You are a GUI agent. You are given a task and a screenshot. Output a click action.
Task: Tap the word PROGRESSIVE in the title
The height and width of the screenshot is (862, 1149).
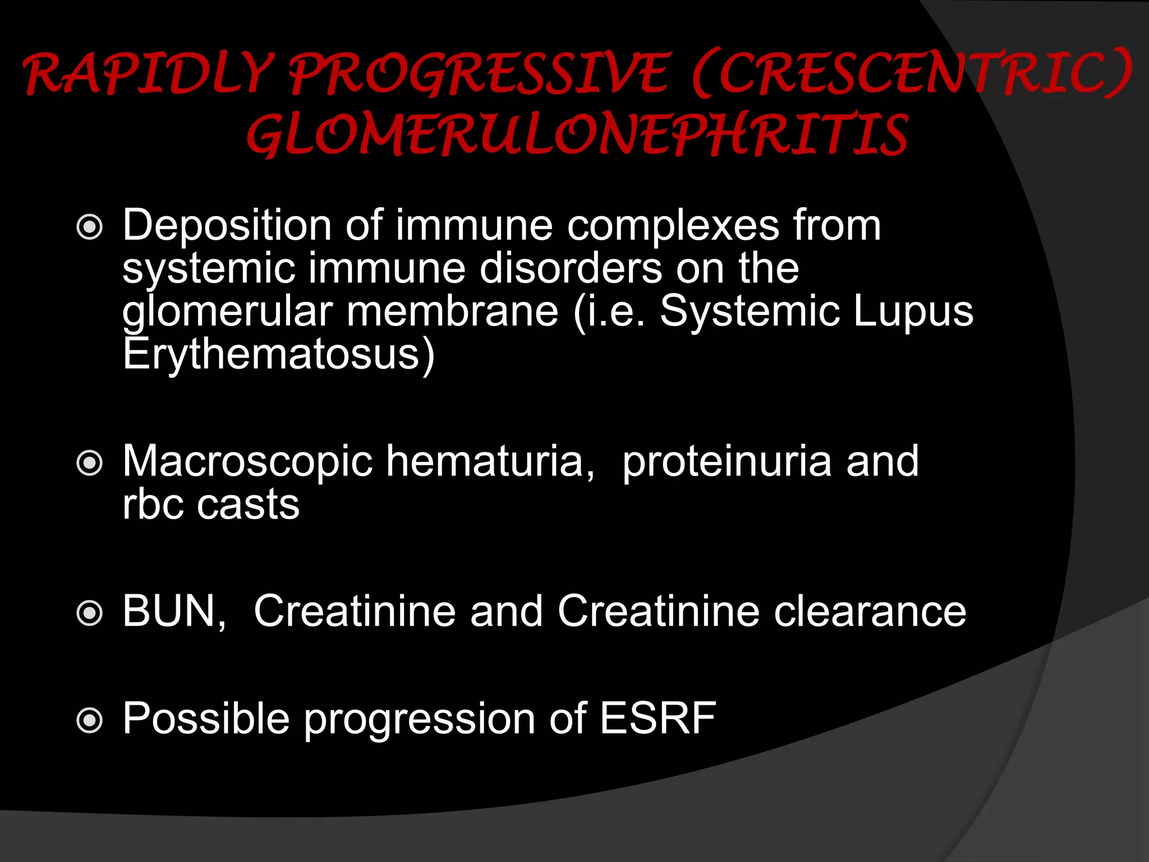(480, 74)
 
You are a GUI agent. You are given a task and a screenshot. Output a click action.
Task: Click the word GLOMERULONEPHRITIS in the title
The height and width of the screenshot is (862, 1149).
(577, 135)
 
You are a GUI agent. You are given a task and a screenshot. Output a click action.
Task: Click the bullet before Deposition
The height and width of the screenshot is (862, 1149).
(90, 227)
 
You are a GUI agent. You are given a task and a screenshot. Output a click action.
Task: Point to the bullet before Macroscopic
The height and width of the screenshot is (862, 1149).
(90, 463)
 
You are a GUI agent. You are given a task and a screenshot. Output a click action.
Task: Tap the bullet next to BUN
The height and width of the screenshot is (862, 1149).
(90, 613)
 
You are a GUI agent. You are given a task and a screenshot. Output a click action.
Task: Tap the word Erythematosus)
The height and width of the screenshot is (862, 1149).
(278, 355)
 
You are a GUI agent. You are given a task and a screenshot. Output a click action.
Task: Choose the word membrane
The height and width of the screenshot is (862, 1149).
(452, 311)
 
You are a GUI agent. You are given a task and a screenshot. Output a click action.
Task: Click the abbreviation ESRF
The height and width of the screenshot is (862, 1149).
(658, 718)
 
